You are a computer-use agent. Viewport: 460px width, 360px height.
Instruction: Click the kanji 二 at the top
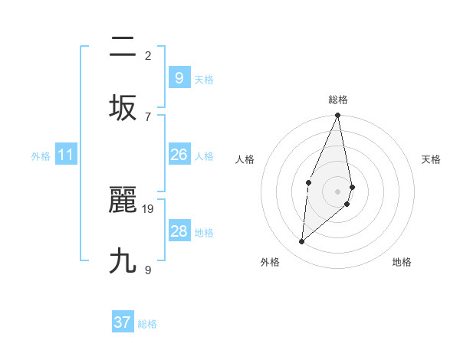pyautogui.click(x=123, y=47)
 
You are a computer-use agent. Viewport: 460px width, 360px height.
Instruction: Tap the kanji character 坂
pyautogui.click(x=123, y=107)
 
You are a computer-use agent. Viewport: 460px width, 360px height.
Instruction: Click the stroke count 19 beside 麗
pyautogui.click(x=149, y=208)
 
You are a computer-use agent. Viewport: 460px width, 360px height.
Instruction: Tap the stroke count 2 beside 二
pyautogui.click(x=148, y=55)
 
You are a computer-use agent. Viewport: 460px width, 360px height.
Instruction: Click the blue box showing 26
pyautogui.click(x=179, y=155)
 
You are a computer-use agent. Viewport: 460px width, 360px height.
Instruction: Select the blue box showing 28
pyautogui.click(x=179, y=231)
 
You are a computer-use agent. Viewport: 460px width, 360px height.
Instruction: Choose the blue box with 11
pyautogui.click(x=66, y=155)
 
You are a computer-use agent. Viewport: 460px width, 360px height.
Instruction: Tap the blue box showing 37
pyautogui.click(x=122, y=322)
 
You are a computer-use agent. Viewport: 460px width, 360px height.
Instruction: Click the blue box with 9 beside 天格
pyautogui.click(x=179, y=77)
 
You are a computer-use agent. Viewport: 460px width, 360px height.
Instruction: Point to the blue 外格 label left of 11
pyautogui.click(x=41, y=156)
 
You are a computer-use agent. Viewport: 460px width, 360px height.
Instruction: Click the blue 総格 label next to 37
pyautogui.click(x=147, y=324)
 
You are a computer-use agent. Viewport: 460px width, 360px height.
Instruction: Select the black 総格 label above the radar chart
pyautogui.click(x=337, y=100)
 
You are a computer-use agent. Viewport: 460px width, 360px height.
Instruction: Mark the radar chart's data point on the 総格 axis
pyautogui.click(x=337, y=116)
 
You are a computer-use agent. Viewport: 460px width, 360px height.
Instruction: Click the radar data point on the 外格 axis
pyautogui.click(x=302, y=241)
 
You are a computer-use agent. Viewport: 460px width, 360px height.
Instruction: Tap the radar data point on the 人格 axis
pyautogui.click(x=309, y=182)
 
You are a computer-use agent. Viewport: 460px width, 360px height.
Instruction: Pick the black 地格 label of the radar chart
pyautogui.click(x=402, y=262)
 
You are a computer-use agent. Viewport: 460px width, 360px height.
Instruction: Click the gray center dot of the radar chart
pyautogui.click(x=337, y=191)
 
